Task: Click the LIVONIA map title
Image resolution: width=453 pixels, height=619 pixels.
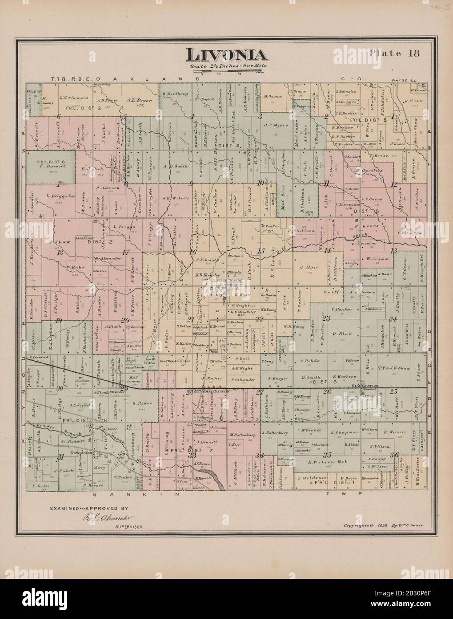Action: [x=226, y=55]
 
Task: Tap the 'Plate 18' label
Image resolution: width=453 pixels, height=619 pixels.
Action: [x=391, y=53]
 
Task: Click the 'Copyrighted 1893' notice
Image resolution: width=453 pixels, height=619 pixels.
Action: [x=385, y=525]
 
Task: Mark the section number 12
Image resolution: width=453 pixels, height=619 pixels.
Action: [x=393, y=183]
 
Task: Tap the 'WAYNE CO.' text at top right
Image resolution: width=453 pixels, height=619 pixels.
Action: [x=403, y=81]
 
